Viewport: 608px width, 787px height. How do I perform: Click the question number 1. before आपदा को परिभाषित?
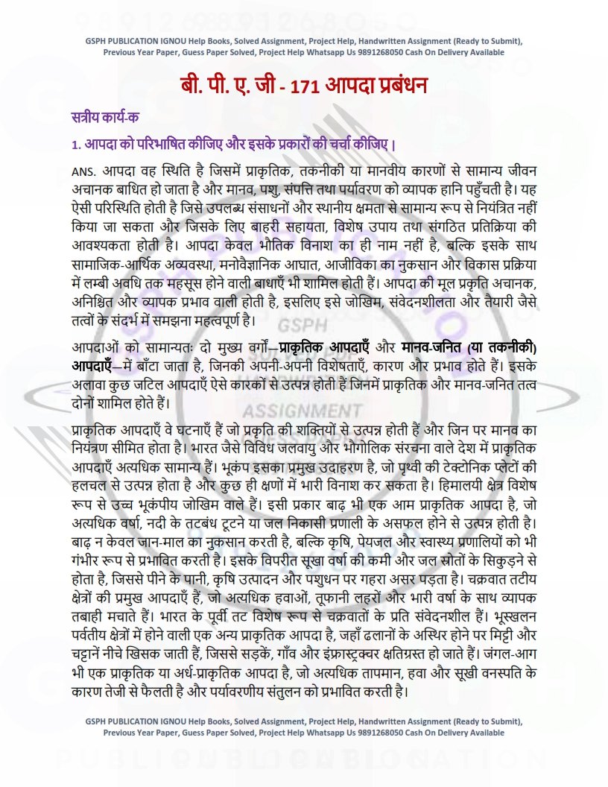[x=76, y=143]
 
